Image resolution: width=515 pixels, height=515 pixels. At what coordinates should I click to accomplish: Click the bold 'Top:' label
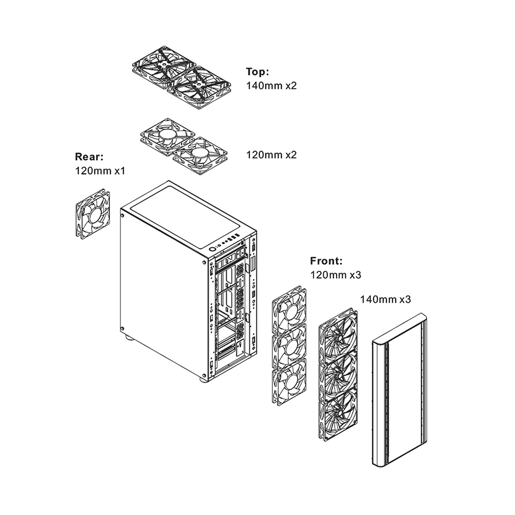tap(257, 72)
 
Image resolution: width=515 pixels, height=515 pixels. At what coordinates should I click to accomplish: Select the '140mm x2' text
tap(271, 85)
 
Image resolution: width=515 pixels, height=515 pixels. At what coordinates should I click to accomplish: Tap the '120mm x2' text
tap(271, 154)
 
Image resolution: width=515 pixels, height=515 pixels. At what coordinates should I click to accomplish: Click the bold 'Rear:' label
tap(89, 156)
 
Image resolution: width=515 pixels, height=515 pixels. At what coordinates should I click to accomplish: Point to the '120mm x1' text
tap(100, 171)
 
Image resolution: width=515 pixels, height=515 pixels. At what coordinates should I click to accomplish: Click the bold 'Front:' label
tap(326, 261)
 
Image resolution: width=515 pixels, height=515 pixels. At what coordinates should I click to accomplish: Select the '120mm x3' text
tap(336, 275)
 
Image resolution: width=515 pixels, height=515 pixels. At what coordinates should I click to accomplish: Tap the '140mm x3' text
tap(385, 299)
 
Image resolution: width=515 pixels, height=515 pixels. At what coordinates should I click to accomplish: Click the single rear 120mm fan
tap(93, 214)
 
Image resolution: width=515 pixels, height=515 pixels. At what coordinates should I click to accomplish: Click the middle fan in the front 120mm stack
tap(289, 344)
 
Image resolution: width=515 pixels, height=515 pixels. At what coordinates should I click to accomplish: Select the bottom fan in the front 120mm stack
tap(289, 381)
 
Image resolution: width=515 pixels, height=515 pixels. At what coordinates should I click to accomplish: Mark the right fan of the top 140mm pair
tap(199, 87)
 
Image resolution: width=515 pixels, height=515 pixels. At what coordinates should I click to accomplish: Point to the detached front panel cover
tap(399, 390)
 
